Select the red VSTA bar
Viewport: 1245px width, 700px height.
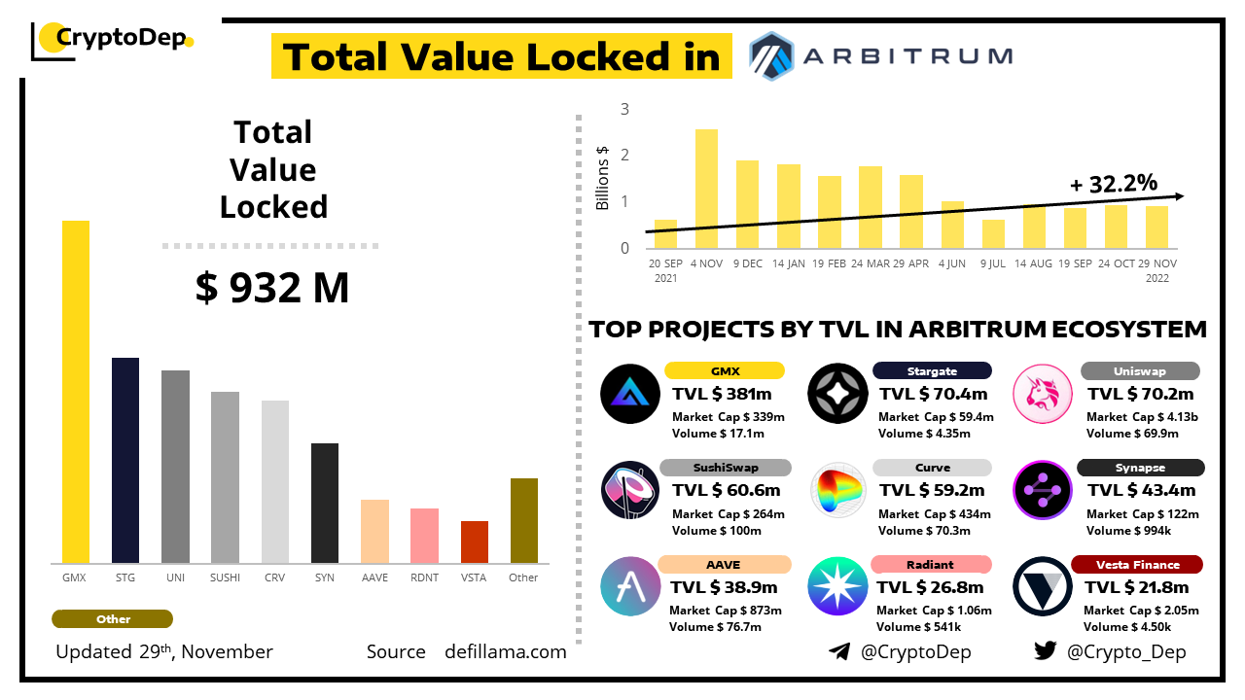point(475,542)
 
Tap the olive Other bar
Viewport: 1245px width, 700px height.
point(524,520)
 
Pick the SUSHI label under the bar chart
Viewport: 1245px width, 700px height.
point(225,577)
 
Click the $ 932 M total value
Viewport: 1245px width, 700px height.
point(272,289)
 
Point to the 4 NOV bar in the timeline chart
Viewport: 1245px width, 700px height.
point(706,189)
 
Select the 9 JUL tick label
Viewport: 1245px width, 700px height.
point(992,263)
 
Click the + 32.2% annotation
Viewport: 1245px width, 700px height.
point(1113,183)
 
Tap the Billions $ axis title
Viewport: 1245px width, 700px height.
point(602,177)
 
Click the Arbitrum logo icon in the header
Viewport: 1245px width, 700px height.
point(773,55)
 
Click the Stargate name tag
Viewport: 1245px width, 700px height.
point(932,370)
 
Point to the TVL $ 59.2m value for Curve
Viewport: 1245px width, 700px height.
point(933,490)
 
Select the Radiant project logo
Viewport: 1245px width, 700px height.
point(837,586)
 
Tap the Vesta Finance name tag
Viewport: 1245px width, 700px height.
point(1136,565)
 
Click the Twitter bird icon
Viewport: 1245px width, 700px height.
point(1045,651)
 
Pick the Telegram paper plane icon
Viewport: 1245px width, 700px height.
point(838,651)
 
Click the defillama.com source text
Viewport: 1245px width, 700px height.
point(505,651)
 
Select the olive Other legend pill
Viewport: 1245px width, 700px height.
point(113,619)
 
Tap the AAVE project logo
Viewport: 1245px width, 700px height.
point(630,586)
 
